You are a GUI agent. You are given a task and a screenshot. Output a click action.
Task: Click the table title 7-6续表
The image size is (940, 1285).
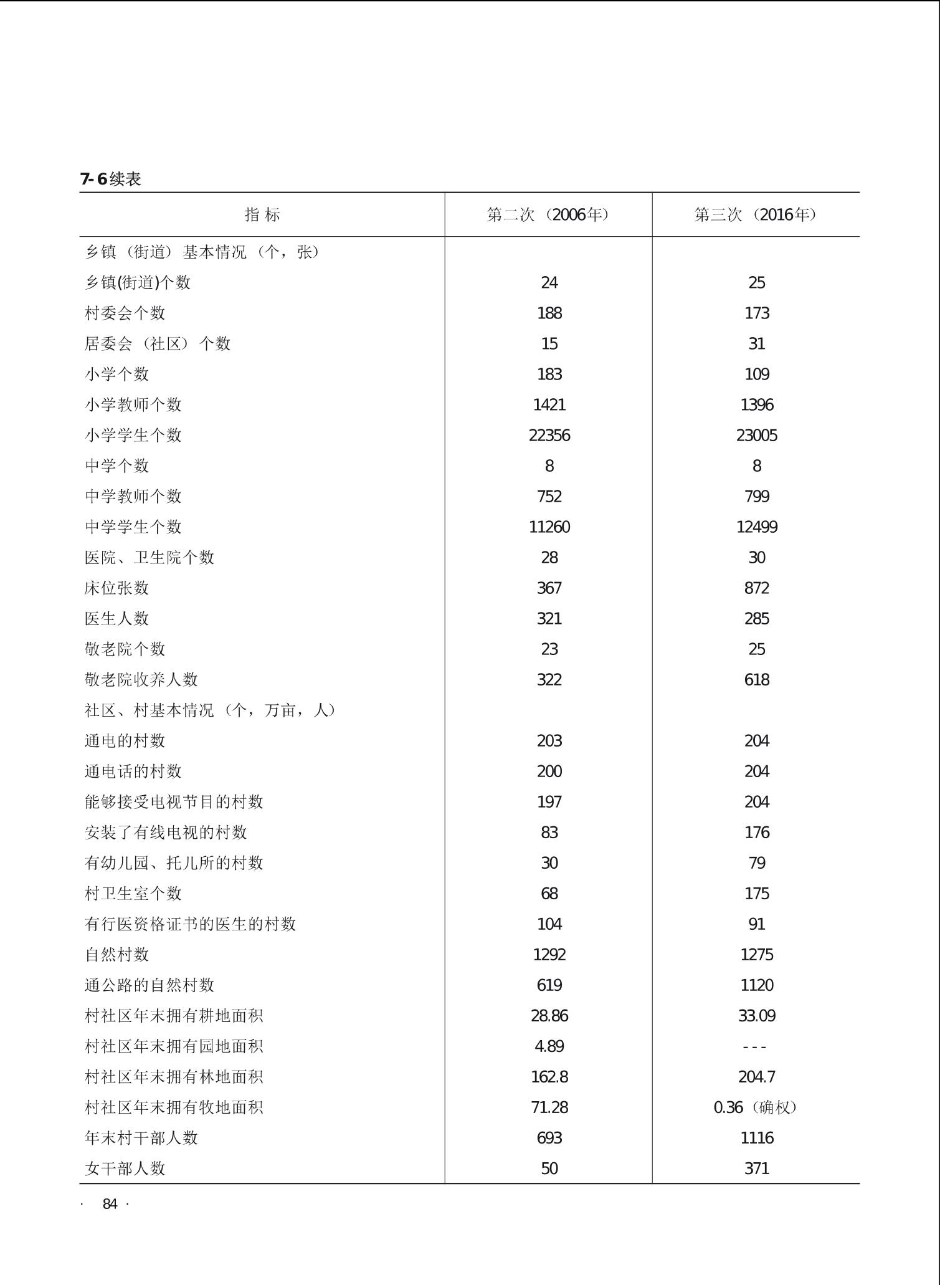111,179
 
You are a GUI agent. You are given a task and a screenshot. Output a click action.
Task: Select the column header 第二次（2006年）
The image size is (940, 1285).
548,215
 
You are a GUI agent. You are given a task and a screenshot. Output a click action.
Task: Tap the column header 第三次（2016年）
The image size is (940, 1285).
756,215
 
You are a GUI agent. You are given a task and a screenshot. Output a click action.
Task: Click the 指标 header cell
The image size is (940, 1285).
262,215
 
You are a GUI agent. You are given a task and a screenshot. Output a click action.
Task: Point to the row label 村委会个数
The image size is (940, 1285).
125,313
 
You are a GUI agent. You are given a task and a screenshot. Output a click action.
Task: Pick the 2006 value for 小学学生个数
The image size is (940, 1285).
549,435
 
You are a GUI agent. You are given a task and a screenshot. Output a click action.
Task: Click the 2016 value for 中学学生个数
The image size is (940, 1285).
756,527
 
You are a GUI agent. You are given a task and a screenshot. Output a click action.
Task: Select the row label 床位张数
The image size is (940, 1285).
117,588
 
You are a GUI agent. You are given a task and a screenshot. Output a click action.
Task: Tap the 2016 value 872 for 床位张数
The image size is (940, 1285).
756,588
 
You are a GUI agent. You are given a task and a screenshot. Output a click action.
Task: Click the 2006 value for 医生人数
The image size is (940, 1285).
549,618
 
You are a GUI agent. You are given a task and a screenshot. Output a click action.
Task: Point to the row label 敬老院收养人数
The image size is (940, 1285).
141,679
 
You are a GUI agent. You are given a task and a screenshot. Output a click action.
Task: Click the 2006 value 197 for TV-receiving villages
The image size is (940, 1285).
549,801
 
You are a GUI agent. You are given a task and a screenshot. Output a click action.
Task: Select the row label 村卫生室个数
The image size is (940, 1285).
133,893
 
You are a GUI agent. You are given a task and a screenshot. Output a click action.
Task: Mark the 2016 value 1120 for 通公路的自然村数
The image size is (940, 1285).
756,985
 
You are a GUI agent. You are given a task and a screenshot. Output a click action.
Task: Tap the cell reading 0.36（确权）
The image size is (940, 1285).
756,1107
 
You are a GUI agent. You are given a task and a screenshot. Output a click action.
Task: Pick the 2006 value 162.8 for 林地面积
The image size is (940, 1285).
549,1076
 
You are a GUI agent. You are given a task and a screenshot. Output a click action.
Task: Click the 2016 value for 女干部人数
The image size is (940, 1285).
756,1168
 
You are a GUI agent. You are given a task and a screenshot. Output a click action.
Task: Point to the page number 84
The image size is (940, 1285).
110,1204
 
